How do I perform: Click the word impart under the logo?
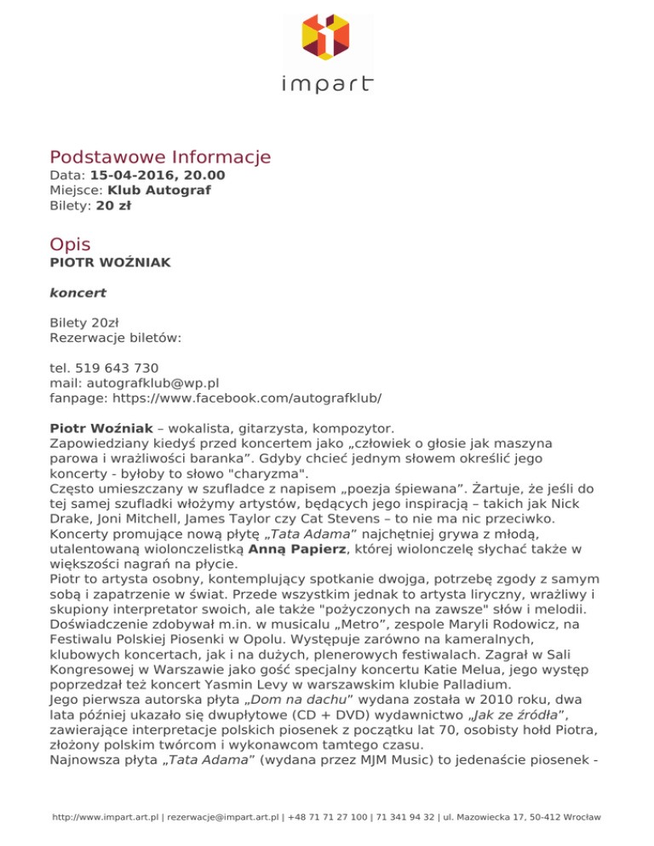click(327, 83)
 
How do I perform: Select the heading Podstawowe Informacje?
click(160, 157)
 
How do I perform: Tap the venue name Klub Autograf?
click(159, 191)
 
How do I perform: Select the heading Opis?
click(70, 244)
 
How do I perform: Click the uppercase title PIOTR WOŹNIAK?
click(111, 263)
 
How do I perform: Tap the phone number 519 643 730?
click(116, 368)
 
